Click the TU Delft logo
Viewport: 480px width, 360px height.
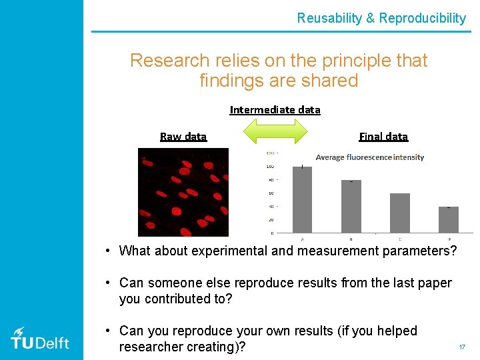[40, 339]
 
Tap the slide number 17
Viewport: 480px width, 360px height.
[461, 347]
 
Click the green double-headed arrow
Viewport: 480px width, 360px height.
[275, 131]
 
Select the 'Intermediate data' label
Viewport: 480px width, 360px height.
[275, 109]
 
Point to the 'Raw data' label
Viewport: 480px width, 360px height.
[183, 137]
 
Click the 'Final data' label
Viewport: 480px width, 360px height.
[383, 137]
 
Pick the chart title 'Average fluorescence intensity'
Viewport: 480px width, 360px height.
[369, 157]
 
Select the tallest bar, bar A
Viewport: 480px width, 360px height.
[302, 199]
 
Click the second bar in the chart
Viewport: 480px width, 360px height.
[351, 206]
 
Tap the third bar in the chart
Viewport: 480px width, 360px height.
[400, 213]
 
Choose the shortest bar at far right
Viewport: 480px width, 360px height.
[449, 219]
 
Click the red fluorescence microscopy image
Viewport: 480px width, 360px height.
[183, 192]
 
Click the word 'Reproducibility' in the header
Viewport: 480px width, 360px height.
[422, 18]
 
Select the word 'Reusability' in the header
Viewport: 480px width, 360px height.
[329, 18]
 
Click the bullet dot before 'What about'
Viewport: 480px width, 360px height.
[107, 251]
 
